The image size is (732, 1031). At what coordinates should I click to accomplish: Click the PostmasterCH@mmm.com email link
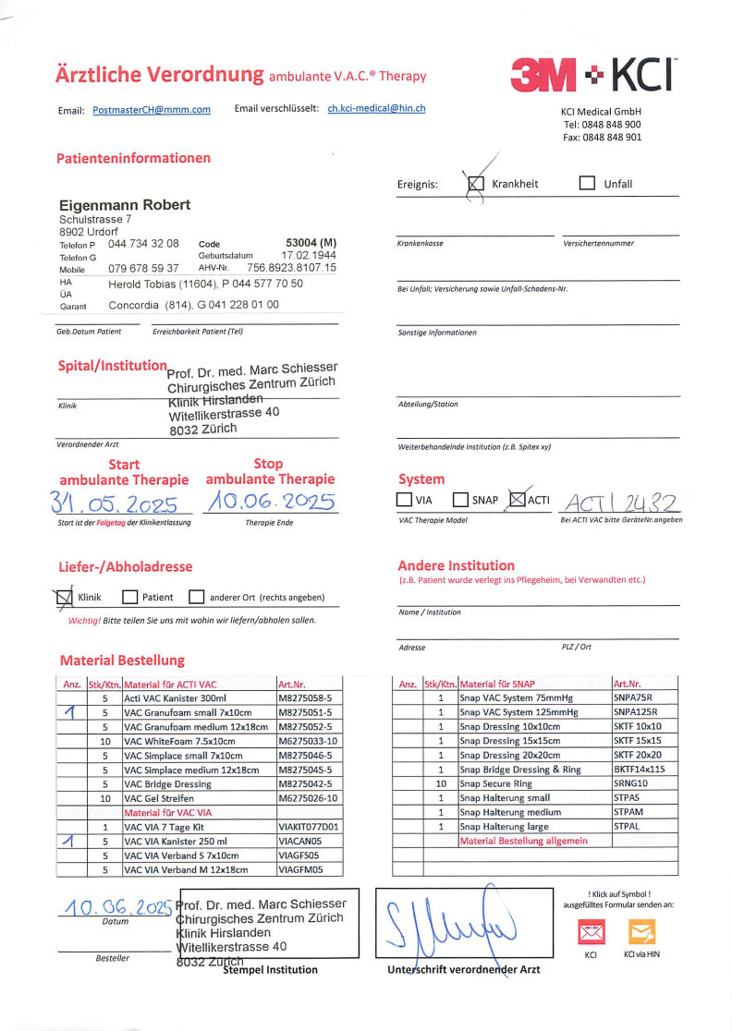(x=152, y=110)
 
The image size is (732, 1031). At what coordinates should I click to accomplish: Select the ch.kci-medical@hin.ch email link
(x=376, y=108)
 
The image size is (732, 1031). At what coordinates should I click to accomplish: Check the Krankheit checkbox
(x=476, y=183)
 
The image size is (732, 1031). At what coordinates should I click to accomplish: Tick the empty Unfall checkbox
(x=587, y=183)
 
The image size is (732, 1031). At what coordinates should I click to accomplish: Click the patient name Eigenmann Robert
(x=125, y=204)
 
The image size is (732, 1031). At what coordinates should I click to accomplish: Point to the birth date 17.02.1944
(x=309, y=255)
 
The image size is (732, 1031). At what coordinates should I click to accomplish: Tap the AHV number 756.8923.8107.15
(x=291, y=268)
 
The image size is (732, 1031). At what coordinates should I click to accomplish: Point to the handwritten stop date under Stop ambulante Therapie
(x=270, y=502)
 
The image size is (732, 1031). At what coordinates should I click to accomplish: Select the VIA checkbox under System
(x=405, y=500)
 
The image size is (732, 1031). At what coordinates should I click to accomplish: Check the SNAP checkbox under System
(x=461, y=500)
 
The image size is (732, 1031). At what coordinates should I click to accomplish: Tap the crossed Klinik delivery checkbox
(x=65, y=598)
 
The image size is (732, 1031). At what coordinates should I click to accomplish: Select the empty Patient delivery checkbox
(x=130, y=598)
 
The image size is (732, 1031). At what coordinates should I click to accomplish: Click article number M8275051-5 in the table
(x=310, y=713)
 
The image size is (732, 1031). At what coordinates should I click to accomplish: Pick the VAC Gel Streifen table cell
(x=198, y=797)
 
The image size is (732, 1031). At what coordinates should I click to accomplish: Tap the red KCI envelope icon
(x=591, y=931)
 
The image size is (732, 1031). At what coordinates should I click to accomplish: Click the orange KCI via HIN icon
(x=641, y=931)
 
